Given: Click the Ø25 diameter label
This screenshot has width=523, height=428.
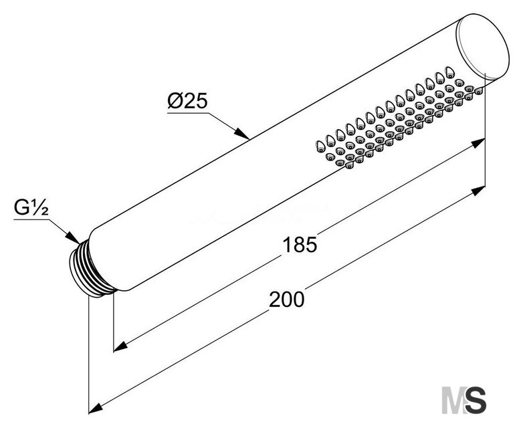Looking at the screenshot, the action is click(x=187, y=100).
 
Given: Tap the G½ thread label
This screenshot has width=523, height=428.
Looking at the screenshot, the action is click(x=31, y=208).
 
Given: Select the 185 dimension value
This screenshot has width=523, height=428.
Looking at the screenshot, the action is click(x=299, y=245).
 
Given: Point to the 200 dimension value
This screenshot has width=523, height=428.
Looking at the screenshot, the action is click(x=286, y=299).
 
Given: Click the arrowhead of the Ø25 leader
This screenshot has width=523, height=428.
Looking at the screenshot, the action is click(x=242, y=134).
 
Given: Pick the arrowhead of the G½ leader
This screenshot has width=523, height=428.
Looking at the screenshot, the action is click(x=73, y=237).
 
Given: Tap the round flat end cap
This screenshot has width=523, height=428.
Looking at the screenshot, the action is click(x=482, y=47).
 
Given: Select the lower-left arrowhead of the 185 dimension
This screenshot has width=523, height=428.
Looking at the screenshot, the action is click(x=121, y=346).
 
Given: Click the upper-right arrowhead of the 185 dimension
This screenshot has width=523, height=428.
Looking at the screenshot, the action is click(x=478, y=143).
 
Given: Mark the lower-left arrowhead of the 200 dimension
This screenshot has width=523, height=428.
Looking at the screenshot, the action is click(x=96, y=409).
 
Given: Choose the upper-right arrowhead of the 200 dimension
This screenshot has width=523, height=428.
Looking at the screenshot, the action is click(x=478, y=191).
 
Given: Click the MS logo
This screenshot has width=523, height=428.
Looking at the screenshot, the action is click(x=464, y=400).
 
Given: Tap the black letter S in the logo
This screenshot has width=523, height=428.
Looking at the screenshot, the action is click(x=476, y=400).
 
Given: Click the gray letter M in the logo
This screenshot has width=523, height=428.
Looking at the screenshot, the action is click(x=453, y=400).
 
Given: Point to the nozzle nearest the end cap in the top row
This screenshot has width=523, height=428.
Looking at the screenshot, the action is click(x=450, y=72).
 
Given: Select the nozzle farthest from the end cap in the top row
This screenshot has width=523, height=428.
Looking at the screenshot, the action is click(x=320, y=146).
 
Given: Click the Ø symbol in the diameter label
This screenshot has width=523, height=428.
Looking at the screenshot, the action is click(x=175, y=100).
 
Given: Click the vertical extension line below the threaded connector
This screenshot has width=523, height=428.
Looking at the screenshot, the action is click(x=89, y=354).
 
